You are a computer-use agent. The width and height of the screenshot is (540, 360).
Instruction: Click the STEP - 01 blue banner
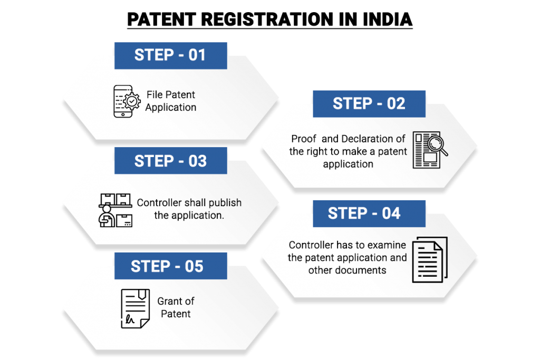click(170, 55)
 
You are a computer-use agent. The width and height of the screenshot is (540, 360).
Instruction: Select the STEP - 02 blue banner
click(369, 104)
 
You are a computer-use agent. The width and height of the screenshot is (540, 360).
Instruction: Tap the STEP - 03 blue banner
click(170, 161)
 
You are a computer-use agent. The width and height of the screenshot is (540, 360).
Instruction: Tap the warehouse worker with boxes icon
click(115, 210)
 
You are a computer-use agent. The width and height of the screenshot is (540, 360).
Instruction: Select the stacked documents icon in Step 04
click(429, 259)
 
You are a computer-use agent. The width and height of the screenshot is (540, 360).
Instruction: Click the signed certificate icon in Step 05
click(136, 308)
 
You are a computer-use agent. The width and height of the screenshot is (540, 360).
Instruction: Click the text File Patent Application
click(171, 101)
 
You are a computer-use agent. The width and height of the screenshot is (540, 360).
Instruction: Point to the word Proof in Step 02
click(304, 139)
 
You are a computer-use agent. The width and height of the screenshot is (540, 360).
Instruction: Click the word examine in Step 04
click(388, 245)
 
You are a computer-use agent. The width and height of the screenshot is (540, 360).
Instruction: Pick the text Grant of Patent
click(176, 307)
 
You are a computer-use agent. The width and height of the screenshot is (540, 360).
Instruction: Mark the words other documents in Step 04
click(348, 270)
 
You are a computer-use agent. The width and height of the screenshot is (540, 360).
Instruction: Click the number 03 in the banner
click(197, 161)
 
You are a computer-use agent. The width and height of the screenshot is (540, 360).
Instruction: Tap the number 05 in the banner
click(194, 266)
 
